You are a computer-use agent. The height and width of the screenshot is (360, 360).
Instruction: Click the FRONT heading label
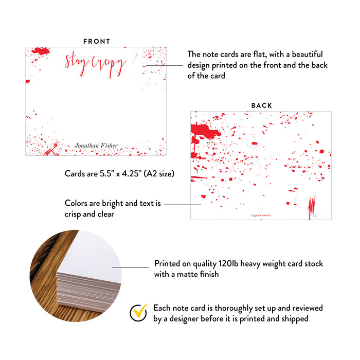97,41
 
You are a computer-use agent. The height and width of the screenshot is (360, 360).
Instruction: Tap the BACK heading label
262,105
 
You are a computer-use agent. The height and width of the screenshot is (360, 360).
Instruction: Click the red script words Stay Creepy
95,65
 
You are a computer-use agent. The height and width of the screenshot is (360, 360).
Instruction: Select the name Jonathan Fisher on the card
96,146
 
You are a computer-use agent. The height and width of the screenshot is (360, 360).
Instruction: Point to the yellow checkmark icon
138,313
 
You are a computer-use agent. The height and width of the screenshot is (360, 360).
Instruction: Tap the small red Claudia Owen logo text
261,215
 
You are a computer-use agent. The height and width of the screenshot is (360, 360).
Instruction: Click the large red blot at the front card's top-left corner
40,51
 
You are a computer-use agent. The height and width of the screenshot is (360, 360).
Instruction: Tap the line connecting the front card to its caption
165,65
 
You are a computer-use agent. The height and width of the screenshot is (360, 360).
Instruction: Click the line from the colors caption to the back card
183,204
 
